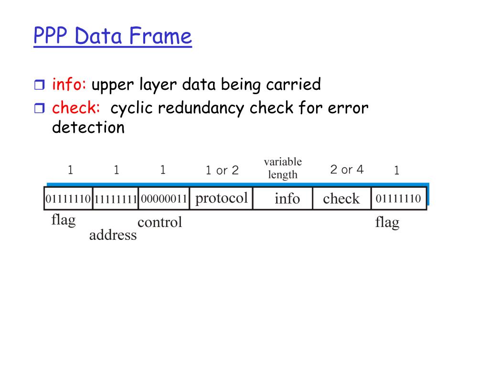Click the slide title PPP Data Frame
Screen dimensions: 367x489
click(113, 36)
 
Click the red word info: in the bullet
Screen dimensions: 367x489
click(69, 85)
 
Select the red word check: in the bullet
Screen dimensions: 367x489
click(76, 108)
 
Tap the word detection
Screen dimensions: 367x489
click(88, 128)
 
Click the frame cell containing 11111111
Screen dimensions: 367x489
click(116, 198)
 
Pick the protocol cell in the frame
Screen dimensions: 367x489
click(222, 198)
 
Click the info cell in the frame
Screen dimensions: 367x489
click(287, 198)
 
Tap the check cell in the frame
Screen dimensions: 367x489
click(341, 198)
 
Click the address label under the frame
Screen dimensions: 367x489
click(113, 235)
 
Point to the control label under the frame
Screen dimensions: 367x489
click(160, 222)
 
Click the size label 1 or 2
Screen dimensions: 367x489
click(222, 170)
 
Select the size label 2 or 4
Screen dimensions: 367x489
click(347, 169)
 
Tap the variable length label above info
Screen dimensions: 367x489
click(283, 168)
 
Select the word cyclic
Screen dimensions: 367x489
click(132, 108)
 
